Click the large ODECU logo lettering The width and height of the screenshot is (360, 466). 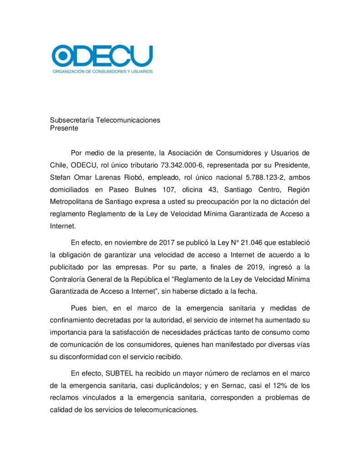(x=102, y=56)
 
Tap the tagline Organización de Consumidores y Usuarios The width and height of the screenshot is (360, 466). (x=102, y=71)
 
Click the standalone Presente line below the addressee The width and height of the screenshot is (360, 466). (x=64, y=128)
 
